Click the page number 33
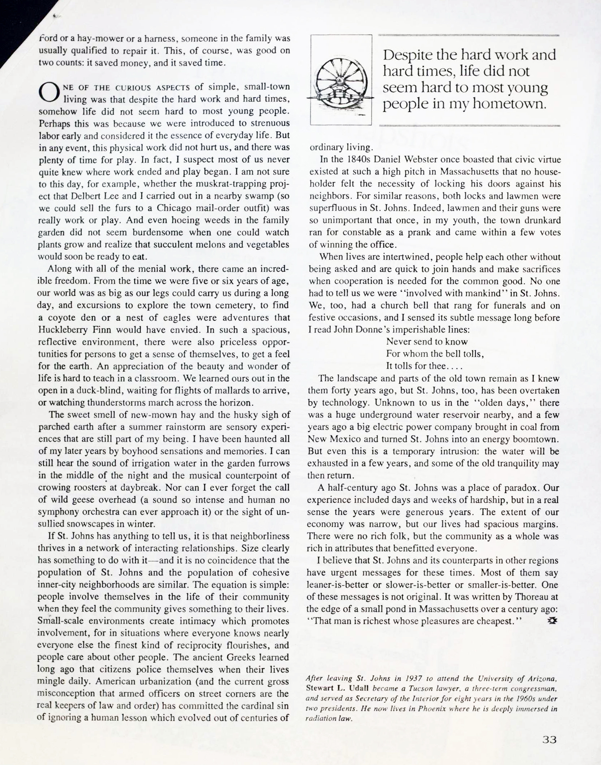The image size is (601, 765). pyautogui.click(x=549, y=739)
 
